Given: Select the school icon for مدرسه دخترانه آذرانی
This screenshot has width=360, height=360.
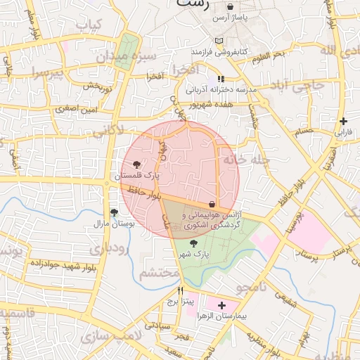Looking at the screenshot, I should (221, 79).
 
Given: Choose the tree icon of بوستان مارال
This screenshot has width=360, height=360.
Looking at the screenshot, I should (113, 212).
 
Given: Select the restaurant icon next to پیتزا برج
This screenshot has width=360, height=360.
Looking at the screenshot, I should (181, 290).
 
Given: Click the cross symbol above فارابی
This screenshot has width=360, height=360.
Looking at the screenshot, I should (342, 121).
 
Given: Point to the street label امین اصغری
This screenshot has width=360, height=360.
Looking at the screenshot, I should (59, 109).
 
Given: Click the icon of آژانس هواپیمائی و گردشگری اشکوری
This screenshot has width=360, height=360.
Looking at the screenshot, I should (212, 204).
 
